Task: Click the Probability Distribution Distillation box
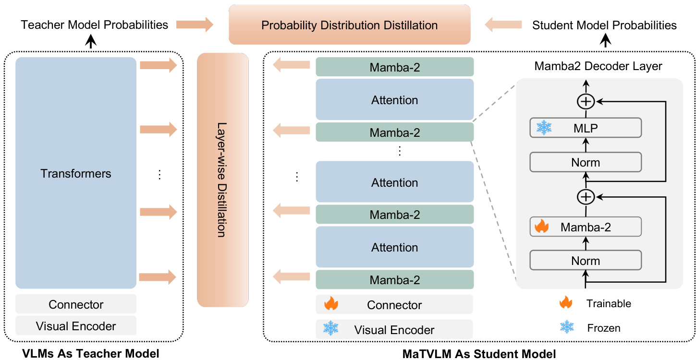pos(349,24)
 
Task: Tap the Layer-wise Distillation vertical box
pos(223,180)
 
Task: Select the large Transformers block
pos(76,173)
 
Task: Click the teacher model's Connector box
pos(76,304)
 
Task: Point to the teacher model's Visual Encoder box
pos(76,326)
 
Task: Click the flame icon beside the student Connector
pos(331,304)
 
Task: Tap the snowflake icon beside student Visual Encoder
pos(330,329)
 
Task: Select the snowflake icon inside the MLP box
pos(544,128)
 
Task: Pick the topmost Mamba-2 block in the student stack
pos(395,67)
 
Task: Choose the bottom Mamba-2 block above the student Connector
pos(395,279)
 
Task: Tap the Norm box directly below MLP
pos(586,162)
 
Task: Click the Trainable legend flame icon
pos(566,302)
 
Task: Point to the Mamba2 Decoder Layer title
pos(598,66)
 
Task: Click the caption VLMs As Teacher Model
pos(91,354)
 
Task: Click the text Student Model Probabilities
pos(605,25)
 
